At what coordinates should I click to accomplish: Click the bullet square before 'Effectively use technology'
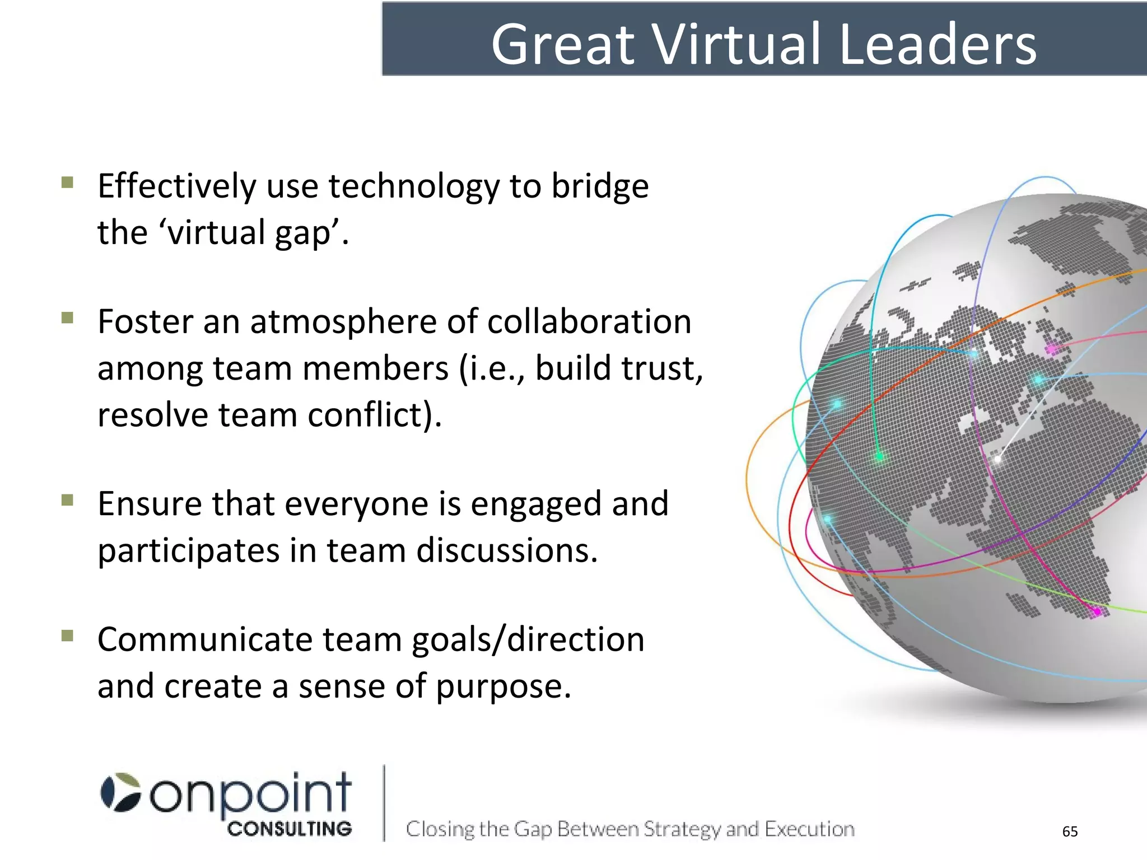(68, 183)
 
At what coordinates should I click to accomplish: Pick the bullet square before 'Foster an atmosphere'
(68, 318)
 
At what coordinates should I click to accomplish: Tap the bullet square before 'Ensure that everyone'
(68, 499)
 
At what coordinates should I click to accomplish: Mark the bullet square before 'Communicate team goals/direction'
(68, 635)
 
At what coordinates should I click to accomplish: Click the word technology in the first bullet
(414, 186)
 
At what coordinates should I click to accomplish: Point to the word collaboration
(589, 322)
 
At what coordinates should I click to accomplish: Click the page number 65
(1070, 831)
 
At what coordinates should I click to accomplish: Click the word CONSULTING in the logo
(290, 829)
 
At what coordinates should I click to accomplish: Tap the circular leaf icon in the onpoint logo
(120, 792)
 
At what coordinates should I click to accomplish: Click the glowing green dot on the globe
(879, 457)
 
